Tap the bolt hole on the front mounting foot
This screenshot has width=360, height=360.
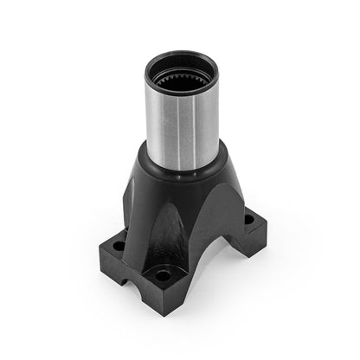tap(161, 276)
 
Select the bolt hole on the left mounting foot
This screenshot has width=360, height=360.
tap(119, 246)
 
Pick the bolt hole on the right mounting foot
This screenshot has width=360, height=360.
tap(249, 220)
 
